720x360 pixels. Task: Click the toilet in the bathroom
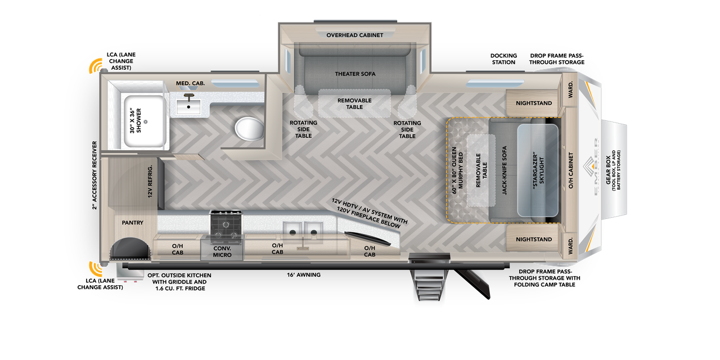click(x=250, y=129)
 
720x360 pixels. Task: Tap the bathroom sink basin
click(x=190, y=105)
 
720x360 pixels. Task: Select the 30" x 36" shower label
click(x=135, y=120)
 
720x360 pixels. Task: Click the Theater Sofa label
click(x=355, y=74)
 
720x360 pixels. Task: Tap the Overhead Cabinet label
click(x=355, y=35)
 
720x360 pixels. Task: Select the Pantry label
click(x=133, y=223)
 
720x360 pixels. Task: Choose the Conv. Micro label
click(x=222, y=251)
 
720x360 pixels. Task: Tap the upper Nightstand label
click(x=534, y=103)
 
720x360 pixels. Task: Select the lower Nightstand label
click(x=534, y=240)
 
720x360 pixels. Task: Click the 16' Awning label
click(x=304, y=275)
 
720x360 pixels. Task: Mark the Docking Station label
click(x=503, y=58)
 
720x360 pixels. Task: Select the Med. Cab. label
click(x=190, y=83)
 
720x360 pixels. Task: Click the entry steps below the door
click(x=430, y=284)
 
